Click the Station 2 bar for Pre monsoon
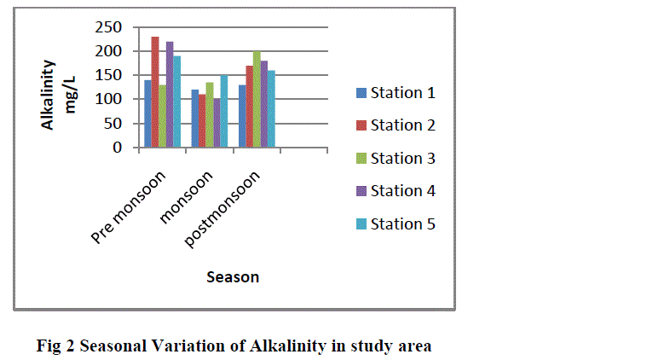click(155, 92)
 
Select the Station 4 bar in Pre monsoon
click(170, 95)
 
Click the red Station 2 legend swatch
click(361, 125)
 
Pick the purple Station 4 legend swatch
click(361, 191)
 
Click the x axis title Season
click(232, 276)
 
